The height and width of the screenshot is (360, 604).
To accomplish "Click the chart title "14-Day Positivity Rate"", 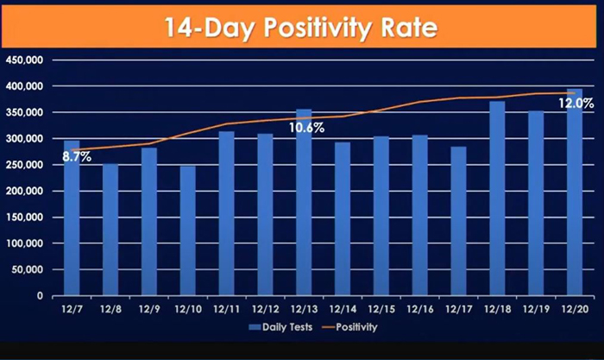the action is tap(301, 28).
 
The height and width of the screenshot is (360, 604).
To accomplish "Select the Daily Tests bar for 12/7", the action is tap(72, 218).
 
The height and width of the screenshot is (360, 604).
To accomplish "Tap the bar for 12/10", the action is tap(187, 231).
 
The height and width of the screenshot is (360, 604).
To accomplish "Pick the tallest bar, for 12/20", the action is tap(575, 193).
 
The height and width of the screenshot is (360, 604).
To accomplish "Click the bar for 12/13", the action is tap(304, 202).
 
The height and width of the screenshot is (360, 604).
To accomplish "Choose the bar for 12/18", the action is tap(497, 199).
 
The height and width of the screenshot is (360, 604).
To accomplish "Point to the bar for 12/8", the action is tap(110, 230).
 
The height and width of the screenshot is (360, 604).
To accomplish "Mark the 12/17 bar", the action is tap(459, 221).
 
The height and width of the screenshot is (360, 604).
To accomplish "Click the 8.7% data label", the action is tap(77, 157).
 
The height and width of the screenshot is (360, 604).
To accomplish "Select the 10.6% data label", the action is tap(306, 128).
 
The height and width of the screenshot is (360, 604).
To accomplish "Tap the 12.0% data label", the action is tap(576, 104).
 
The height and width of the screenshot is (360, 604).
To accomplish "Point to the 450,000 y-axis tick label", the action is tap(24, 60).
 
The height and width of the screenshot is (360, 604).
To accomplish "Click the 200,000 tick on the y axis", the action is tap(24, 191).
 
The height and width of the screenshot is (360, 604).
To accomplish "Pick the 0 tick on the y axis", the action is tap(40, 296).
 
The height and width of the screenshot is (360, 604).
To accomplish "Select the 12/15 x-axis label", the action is tap(381, 309).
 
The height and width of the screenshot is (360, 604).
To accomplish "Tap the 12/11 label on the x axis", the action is tap(226, 309).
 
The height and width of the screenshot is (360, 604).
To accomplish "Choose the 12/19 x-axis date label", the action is tap(536, 309).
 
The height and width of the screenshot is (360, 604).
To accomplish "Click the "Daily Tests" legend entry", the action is tap(280, 327).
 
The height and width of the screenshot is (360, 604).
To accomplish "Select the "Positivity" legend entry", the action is tap(349, 327).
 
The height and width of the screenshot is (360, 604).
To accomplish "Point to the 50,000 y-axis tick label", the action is tap(27, 270).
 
